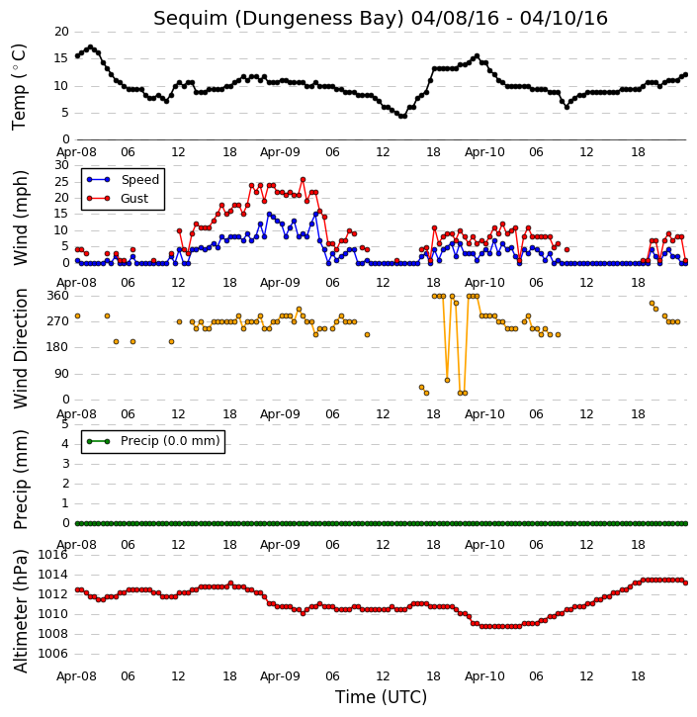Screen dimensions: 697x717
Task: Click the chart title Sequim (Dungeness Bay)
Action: tap(279, 19)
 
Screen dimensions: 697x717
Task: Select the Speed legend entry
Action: tap(123, 180)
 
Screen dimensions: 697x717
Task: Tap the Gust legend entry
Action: tap(118, 199)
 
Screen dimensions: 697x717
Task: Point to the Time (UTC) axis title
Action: tap(381, 697)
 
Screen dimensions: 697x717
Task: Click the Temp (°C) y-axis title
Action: tap(19, 87)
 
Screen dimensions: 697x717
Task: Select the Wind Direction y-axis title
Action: tap(21, 348)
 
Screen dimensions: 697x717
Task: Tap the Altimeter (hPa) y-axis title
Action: tap(21, 611)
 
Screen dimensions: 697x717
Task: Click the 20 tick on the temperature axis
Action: tap(61, 32)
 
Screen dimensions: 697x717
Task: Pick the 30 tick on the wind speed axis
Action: tap(61, 165)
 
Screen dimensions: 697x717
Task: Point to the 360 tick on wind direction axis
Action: tap(58, 296)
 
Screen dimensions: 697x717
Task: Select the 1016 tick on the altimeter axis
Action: tap(52, 555)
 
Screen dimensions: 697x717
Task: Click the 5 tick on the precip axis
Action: tap(65, 424)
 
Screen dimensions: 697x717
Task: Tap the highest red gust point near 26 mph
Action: tap(303, 180)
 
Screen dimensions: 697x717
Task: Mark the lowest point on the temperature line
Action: tap(402, 116)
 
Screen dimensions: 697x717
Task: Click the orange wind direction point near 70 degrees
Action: tap(447, 381)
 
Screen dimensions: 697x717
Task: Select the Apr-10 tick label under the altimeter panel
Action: tap(484, 676)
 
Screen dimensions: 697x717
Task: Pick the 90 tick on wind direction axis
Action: tap(61, 374)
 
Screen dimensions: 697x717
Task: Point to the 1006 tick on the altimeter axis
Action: tap(52, 654)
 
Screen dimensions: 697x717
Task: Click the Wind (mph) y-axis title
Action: tap(21, 218)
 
